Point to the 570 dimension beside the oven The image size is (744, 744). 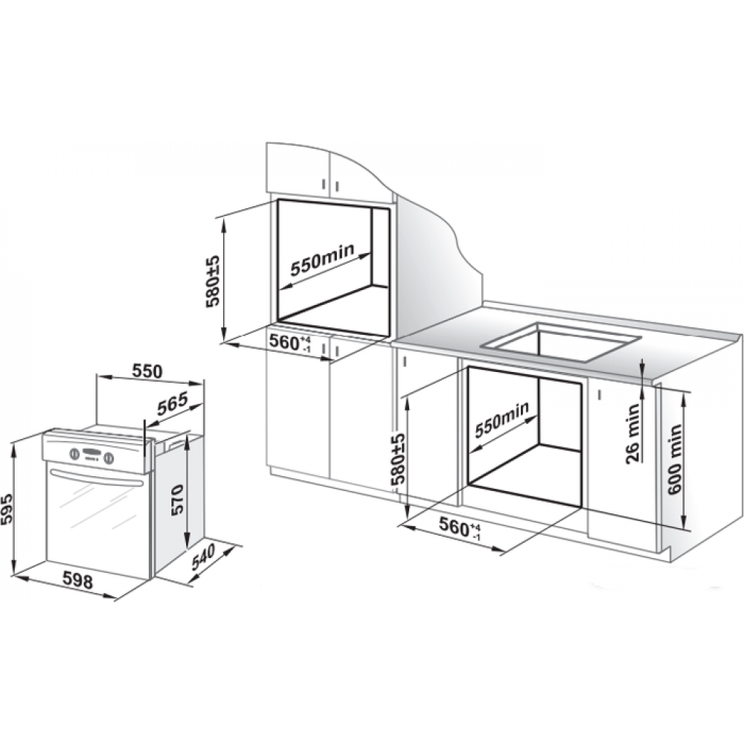[x=176, y=501]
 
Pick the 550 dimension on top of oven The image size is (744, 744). [x=146, y=371]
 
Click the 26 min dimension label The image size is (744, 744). [x=632, y=433]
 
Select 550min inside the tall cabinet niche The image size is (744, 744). [x=322, y=260]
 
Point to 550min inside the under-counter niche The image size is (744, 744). [x=502, y=420]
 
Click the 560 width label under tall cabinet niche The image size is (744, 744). [x=289, y=342]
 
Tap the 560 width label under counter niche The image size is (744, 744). [x=459, y=527]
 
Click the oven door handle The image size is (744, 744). [x=96, y=477]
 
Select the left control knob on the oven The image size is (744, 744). [x=74, y=453]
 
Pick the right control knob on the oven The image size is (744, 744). [x=109, y=458]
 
